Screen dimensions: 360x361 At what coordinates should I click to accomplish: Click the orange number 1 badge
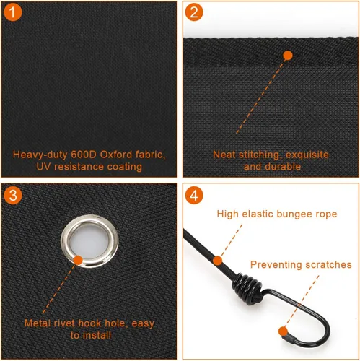click(13, 12)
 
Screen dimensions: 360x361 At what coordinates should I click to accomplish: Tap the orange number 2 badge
click(194, 12)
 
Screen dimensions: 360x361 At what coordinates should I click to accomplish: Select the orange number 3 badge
click(13, 196)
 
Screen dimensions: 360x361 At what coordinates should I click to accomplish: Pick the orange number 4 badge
click(194, 196)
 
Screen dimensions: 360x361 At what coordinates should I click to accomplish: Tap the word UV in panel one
click(43, 167)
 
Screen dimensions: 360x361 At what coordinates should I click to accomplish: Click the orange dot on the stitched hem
click(288, 56)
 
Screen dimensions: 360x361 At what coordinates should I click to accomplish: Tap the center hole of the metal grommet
click(89, 241)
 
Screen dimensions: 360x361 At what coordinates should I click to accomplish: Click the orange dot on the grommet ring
click(78, 261)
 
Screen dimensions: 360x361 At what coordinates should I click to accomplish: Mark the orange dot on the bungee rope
click(218, 261)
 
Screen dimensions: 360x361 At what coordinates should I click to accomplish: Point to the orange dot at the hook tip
click(284, 331)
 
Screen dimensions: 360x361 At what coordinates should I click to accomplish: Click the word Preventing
click(276, 264)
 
